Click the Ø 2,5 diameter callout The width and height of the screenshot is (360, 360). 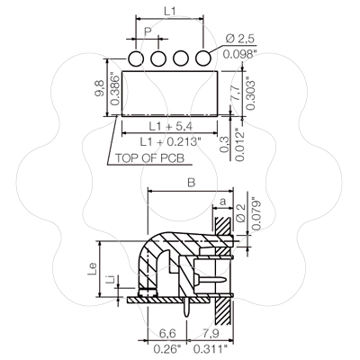(239, 39)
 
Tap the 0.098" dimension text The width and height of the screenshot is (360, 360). (240, 54)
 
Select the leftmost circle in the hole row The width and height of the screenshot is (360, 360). (136, 58)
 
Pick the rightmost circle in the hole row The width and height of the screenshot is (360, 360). (203, 58)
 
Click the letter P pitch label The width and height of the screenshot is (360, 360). (148, 31)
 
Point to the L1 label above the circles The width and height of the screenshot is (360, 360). (169, 12)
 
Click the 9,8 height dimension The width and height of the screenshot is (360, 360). (99, 88)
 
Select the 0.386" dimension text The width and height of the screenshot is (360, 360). (115, 89)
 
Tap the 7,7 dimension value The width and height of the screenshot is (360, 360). (235, 93)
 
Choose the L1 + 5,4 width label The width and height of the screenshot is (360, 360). (171, 126)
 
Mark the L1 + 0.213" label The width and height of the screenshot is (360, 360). (170, 141)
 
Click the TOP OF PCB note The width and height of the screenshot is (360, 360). (149, 158)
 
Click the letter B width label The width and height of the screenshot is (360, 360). (191, 183)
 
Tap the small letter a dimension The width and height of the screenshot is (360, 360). (222, 202)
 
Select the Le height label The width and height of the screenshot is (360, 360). (93, 269)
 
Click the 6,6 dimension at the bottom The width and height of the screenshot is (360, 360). (167, 333)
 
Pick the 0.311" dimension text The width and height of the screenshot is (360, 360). (210, 349)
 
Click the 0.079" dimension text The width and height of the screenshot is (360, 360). (256, 213)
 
